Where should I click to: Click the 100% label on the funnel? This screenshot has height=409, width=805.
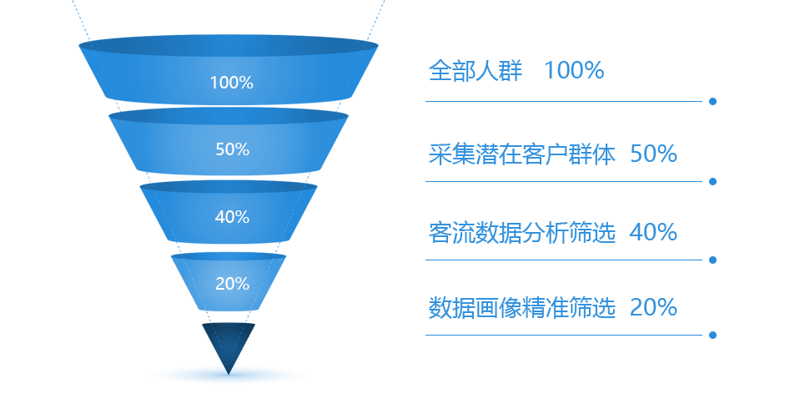pos(232,83)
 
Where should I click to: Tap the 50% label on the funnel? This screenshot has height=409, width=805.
pos(232,149)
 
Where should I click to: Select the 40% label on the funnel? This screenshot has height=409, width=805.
pos(232,217)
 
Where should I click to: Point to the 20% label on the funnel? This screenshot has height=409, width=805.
pos(232,284)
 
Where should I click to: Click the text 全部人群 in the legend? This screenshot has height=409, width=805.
pos(475,71)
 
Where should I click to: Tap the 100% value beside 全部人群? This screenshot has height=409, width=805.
pos(573,71)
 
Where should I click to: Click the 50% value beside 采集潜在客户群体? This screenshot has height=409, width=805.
pos(653,154)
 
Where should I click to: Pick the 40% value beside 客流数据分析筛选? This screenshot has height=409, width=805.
pos(653,232)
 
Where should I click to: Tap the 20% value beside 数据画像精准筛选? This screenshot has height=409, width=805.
pos(653,307)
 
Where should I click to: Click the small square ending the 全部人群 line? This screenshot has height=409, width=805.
pos(712,101)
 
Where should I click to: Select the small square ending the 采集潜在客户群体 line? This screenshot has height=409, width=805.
pos(712,180)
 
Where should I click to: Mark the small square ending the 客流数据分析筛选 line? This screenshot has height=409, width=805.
pos(712,260)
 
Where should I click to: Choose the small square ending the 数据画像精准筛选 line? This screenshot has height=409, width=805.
pos(712,335)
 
